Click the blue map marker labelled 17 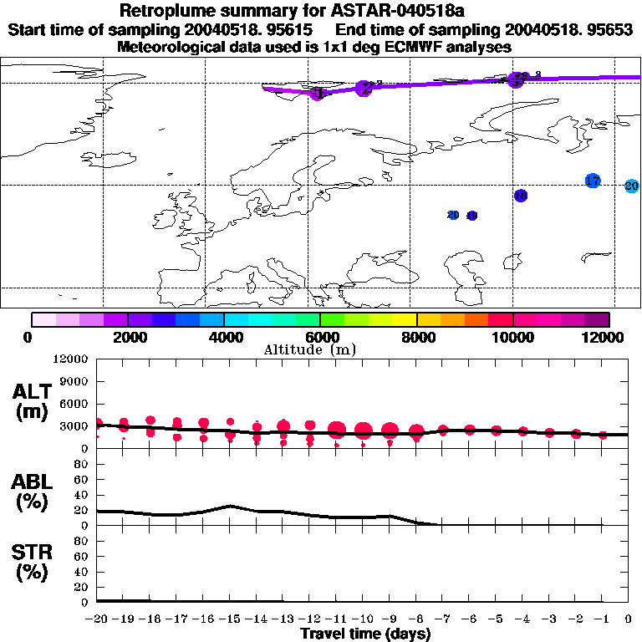coord(593,181)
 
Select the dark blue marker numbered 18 coord(521,196)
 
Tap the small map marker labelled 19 coord(471,216)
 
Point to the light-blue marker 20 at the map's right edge coord(632,186)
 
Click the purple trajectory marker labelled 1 coord(317,93)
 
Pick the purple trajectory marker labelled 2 coord(364,88)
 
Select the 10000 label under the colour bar coord(512,337)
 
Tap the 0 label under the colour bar coord(28,337)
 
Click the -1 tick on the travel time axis coord(602,619)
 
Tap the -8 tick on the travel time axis coord(415,619)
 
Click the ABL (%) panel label coord(33,492)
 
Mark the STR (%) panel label coord(33,563)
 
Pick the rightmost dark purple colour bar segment coord(597,319)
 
